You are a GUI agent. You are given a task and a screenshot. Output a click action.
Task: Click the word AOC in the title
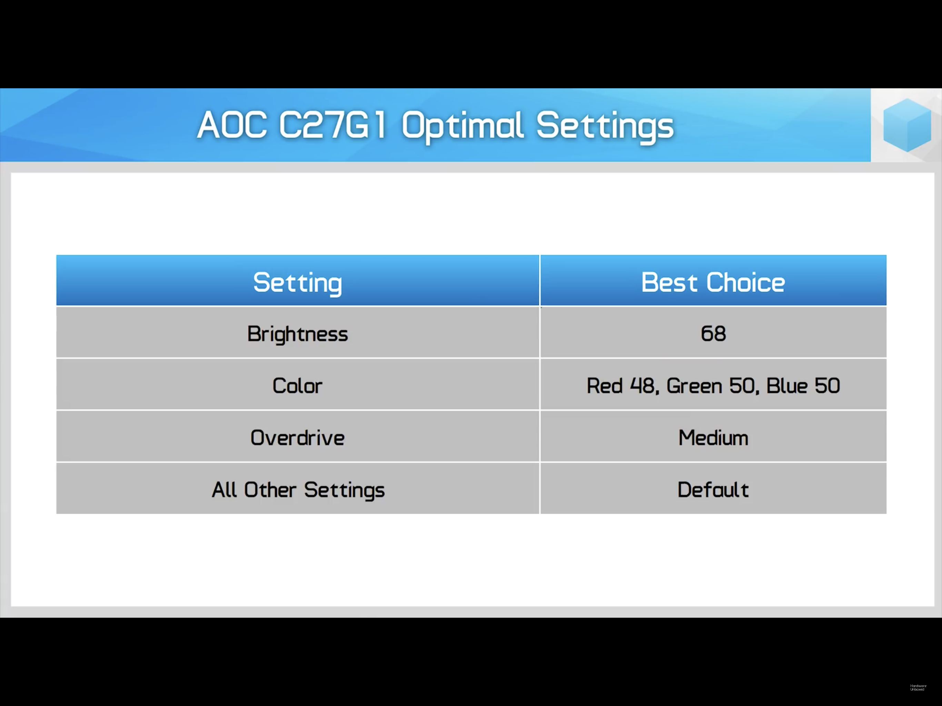[232, 125]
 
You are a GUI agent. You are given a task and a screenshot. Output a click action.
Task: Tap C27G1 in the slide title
[333, 125]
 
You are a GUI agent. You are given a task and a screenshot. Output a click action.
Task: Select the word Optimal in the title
[462, 127]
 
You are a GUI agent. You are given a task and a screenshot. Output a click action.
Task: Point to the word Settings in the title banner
[605, 127]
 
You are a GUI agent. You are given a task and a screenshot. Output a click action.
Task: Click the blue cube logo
[907, 125]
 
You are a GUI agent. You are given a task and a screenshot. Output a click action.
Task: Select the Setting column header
[298, 283]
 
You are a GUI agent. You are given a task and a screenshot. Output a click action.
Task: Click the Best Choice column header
[713, 282]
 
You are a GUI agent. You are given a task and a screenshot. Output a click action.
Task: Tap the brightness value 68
[713, 333]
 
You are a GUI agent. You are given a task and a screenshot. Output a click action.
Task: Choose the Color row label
[298, 386]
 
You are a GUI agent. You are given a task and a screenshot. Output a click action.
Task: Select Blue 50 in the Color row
[803, 386]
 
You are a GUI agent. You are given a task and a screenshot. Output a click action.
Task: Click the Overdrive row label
[298, 438]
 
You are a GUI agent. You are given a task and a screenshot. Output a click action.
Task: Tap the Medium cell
[713, 438]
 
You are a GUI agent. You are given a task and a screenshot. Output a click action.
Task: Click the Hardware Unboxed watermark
[918, 688]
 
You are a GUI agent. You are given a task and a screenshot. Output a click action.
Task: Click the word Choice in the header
[746, 282]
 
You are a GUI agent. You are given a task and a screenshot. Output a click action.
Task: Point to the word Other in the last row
[270, 490]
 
